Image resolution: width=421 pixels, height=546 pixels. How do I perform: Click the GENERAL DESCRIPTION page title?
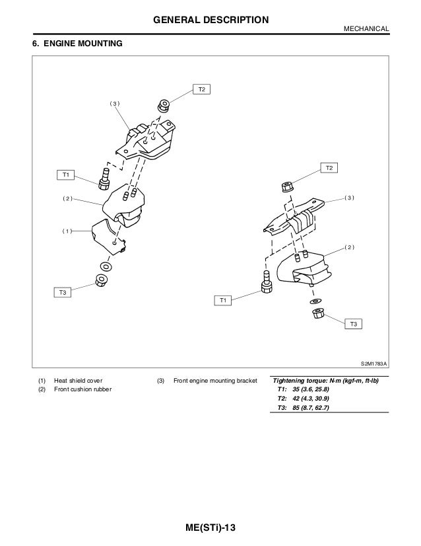point(210,20)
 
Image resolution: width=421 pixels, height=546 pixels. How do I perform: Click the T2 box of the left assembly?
point(201,89)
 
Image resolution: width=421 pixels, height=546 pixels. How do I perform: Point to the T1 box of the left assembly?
point(65,175)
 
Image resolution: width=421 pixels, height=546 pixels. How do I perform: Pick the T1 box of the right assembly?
point(224,301)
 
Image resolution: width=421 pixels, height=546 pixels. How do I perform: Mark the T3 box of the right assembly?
point(354,323)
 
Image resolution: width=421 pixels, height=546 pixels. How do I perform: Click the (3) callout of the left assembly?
point(115,104)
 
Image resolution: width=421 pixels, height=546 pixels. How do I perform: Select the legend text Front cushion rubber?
point(82,390)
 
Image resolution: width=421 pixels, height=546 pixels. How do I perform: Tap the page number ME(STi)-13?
point(210,529)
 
